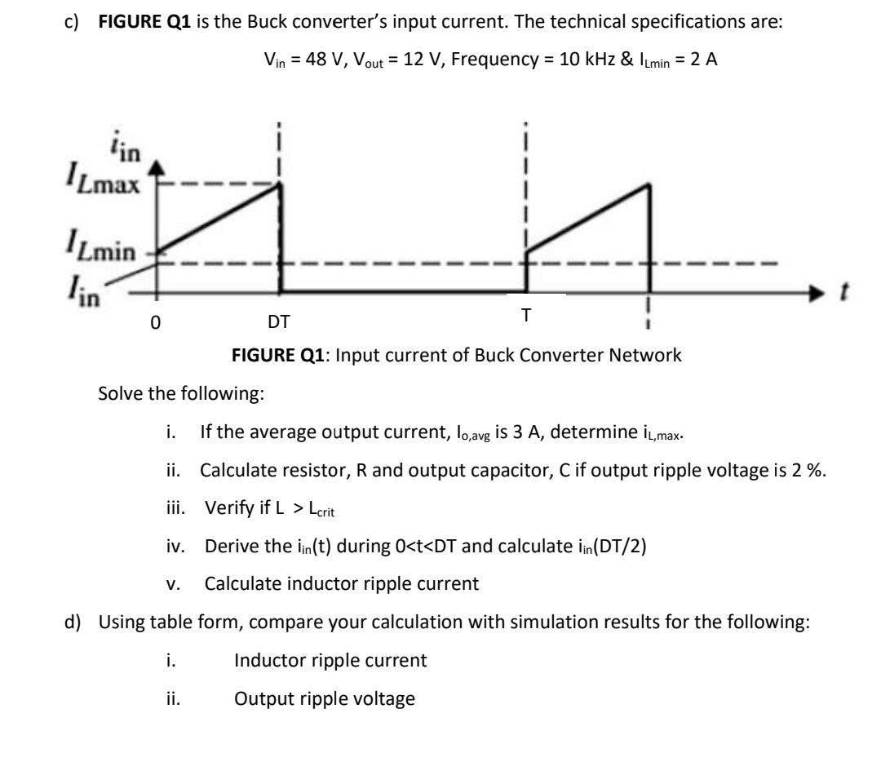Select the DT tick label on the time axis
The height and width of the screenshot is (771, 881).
(x=279, y=321)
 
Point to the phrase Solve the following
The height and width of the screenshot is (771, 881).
(x=180, y=394)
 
